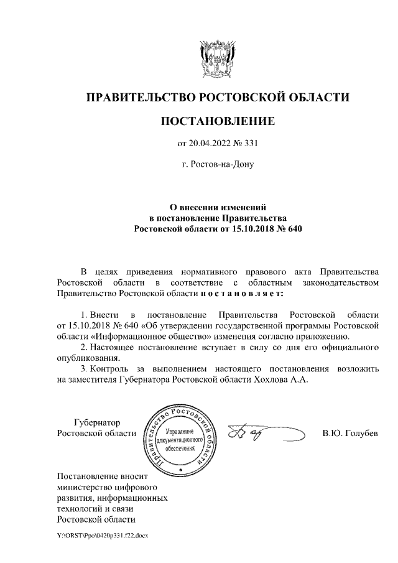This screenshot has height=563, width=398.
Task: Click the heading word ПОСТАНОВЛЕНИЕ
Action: [217, 121]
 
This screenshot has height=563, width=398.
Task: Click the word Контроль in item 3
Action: [111, 368]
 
